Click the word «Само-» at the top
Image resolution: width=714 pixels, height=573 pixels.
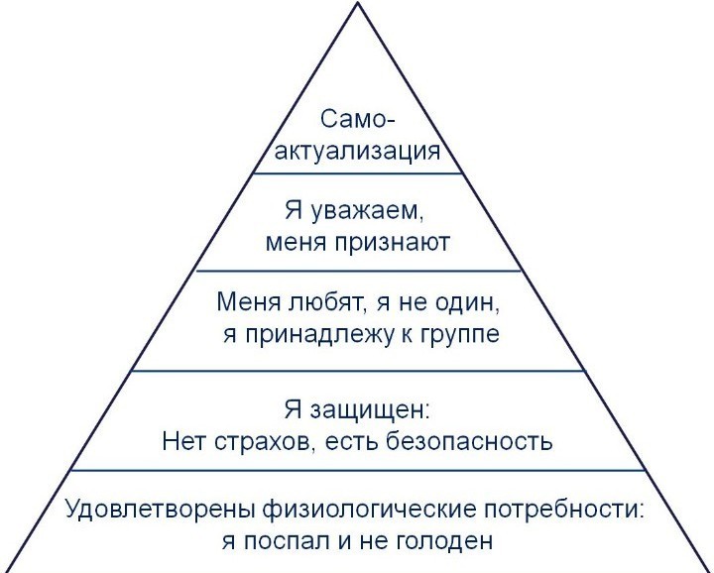click(x=357, y=120)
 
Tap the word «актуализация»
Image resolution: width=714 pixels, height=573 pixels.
click(x=357, y=152)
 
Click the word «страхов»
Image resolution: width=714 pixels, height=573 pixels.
click(x=264, y=441)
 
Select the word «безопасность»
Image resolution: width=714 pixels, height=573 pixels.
click(x=469, y=440)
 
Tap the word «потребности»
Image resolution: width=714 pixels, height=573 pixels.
click(x=563, y=510)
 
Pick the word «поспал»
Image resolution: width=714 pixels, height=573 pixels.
click(x=285, y=541)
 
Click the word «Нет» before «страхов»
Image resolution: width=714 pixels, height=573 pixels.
click(x=183, y=440)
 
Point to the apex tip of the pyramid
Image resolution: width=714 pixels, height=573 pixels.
click(x=358, y=3)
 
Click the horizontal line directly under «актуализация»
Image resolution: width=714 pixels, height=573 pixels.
click(x=357, y=173)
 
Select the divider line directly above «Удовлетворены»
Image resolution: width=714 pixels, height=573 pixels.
click(x=358, y=471)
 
